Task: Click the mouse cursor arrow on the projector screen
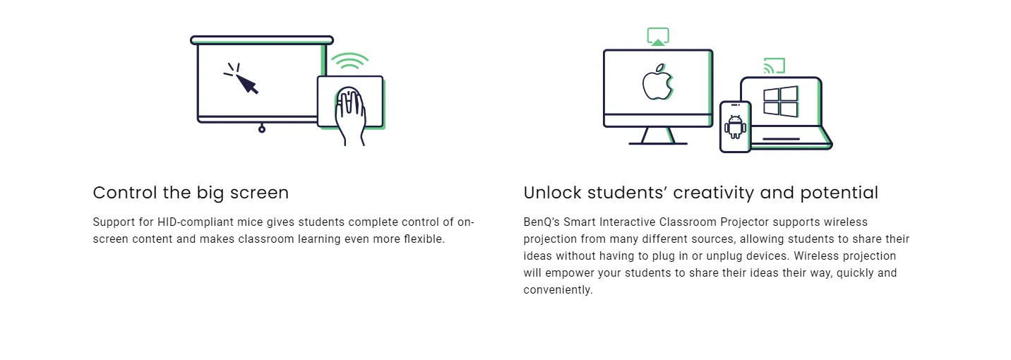[247, 84]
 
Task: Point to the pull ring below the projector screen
[262, 129]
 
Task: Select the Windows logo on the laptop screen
[780, 102]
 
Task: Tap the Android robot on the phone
[735, 127]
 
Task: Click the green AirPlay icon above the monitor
[658, 36]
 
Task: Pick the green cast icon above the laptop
[774, 66]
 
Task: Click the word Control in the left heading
[126, 193]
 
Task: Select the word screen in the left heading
[259, 193]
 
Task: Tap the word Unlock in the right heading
[552, 193]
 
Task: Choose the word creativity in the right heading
[713, 193]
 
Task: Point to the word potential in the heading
[839, 193]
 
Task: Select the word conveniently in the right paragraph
[558, 290]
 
